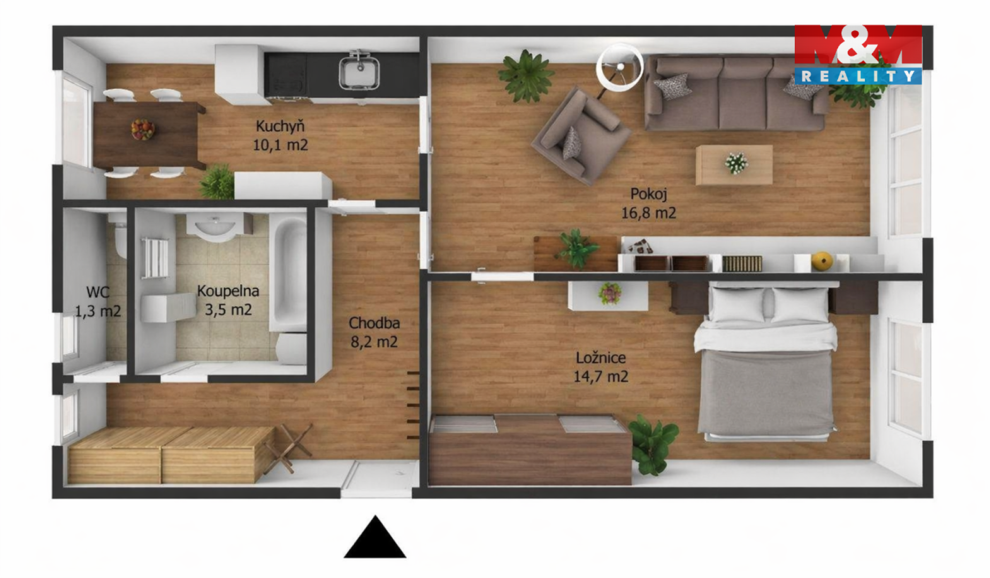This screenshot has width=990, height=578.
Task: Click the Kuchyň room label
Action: coord(280,126)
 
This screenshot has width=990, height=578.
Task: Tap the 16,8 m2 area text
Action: coord(648,213)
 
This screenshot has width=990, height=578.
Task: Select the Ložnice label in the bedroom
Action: coord(601,358)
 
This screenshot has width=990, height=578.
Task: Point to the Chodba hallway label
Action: coord(374,323)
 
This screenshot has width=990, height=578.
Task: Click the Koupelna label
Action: coord(228,291)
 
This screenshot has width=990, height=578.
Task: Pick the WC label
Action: coord(97,292)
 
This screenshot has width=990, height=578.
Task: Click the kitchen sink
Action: coord(359,71)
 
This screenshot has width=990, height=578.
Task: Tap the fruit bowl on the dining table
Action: coord(143,130)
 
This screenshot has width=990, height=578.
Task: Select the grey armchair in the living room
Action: coord(581,136)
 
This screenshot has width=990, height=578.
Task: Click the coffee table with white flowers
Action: coord(734,164)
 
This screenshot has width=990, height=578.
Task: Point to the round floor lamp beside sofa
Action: coord(620,67)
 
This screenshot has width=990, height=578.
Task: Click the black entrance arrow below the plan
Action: coord(375,537)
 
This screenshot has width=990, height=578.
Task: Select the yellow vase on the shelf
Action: coord(822,261)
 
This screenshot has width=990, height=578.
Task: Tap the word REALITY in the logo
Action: coord(857,77)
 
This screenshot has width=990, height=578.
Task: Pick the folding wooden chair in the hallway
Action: coord(287,448)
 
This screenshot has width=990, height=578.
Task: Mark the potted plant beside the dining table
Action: coord(217,182)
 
